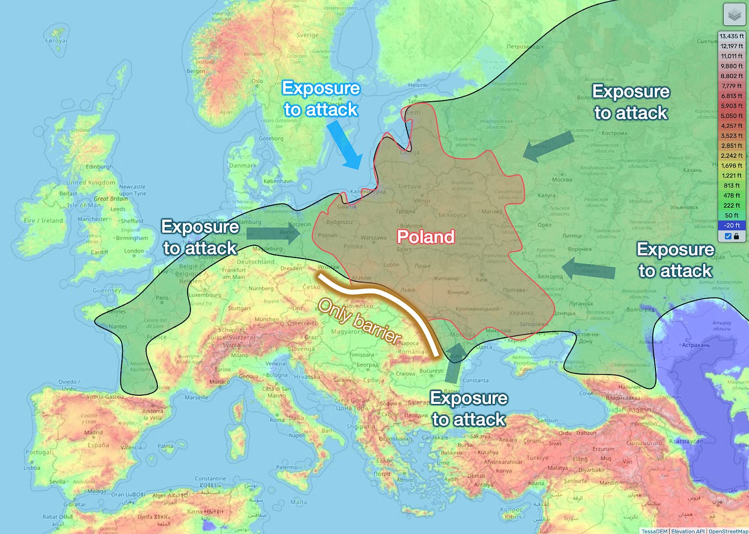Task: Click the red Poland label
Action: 425,237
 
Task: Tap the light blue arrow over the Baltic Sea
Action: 345,145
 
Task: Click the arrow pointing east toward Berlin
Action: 273,234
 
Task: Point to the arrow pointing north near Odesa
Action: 454,363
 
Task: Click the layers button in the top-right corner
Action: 734,15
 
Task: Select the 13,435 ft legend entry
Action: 732,36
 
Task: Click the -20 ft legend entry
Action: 732,225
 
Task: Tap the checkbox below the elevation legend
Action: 728,236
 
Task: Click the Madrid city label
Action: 93,433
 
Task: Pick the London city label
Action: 134,251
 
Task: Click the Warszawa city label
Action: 373,238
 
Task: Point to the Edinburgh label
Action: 99,167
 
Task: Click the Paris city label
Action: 162,298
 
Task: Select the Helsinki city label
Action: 418,85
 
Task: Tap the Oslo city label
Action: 257,81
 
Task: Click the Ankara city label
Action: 508,440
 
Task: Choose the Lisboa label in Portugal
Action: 32,468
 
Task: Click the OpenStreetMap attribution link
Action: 728,531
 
